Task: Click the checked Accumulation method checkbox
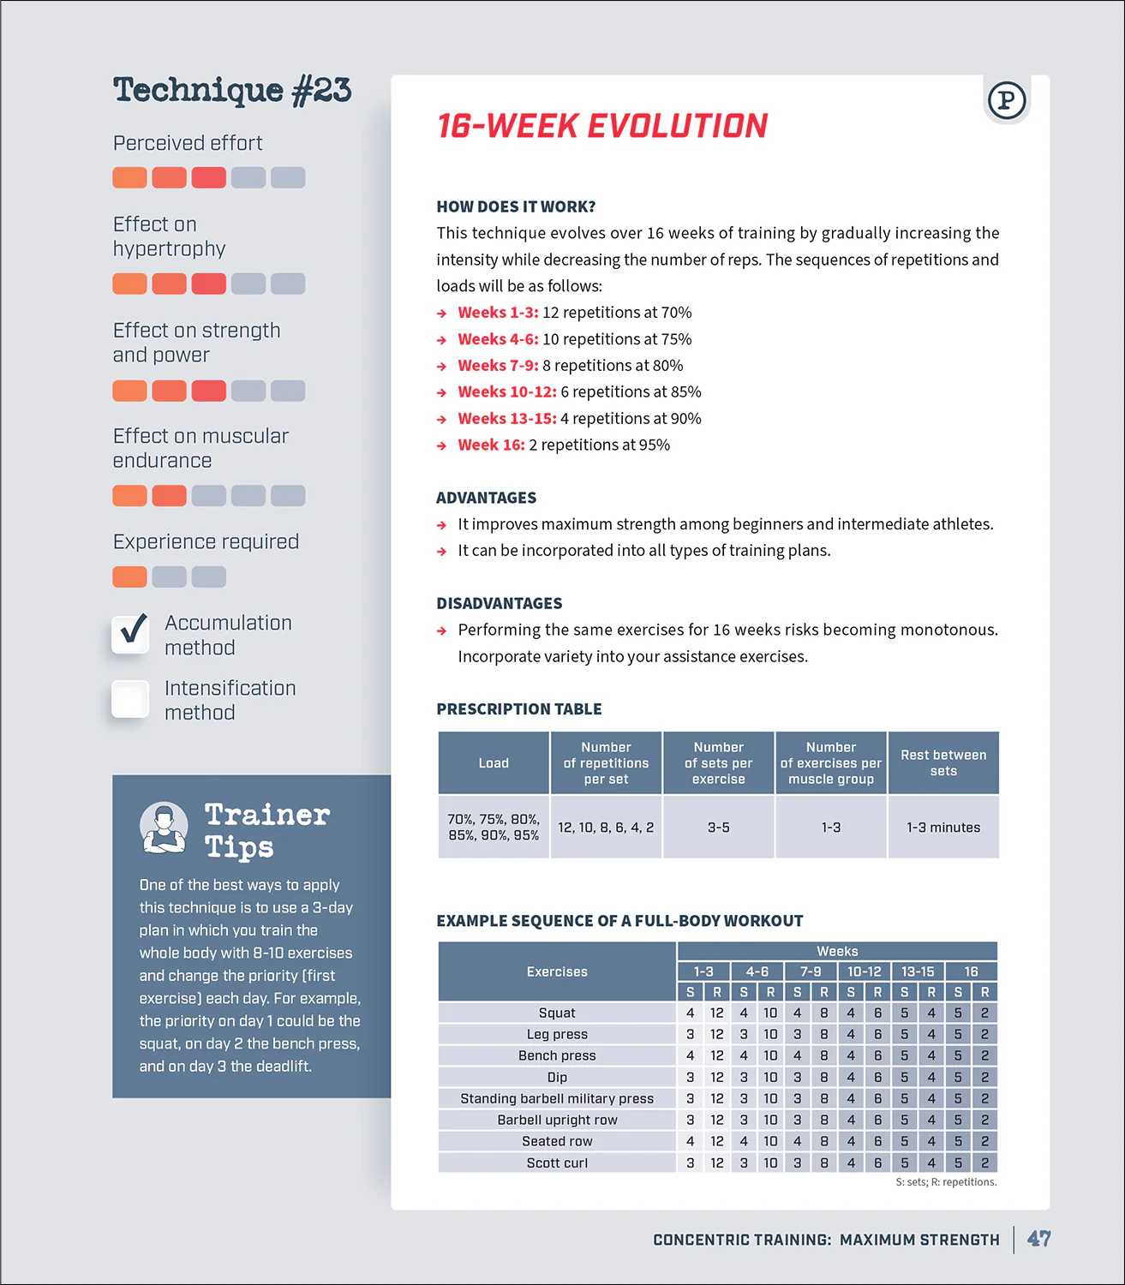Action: coord(130,634)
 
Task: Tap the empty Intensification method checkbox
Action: coord(130,699)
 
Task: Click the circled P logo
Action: coord(1007,100)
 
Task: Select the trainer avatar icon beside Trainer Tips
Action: coord(164,828)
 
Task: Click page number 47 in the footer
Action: coord(1038,1239)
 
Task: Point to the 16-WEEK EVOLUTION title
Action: coord(601,126)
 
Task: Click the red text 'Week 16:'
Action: coord(491,445)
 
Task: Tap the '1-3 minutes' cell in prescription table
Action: coord(943,828)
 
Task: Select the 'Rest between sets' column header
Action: coord(943,762)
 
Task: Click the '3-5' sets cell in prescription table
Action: coord(718,828)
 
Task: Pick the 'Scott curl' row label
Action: coord(557,1162)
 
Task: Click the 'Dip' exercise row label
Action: coord(557,1077)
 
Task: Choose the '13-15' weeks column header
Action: coord(918,971)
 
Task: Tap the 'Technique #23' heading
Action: coord(232,91)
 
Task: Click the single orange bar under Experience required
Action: coord(129,577)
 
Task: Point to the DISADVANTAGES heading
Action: coord(500,603)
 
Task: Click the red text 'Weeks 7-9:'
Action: coord(498,366)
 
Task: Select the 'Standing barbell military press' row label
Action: coord(557,1098)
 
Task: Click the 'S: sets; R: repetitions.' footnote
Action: coord(946,1182)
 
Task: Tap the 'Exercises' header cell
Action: coord(557,971)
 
